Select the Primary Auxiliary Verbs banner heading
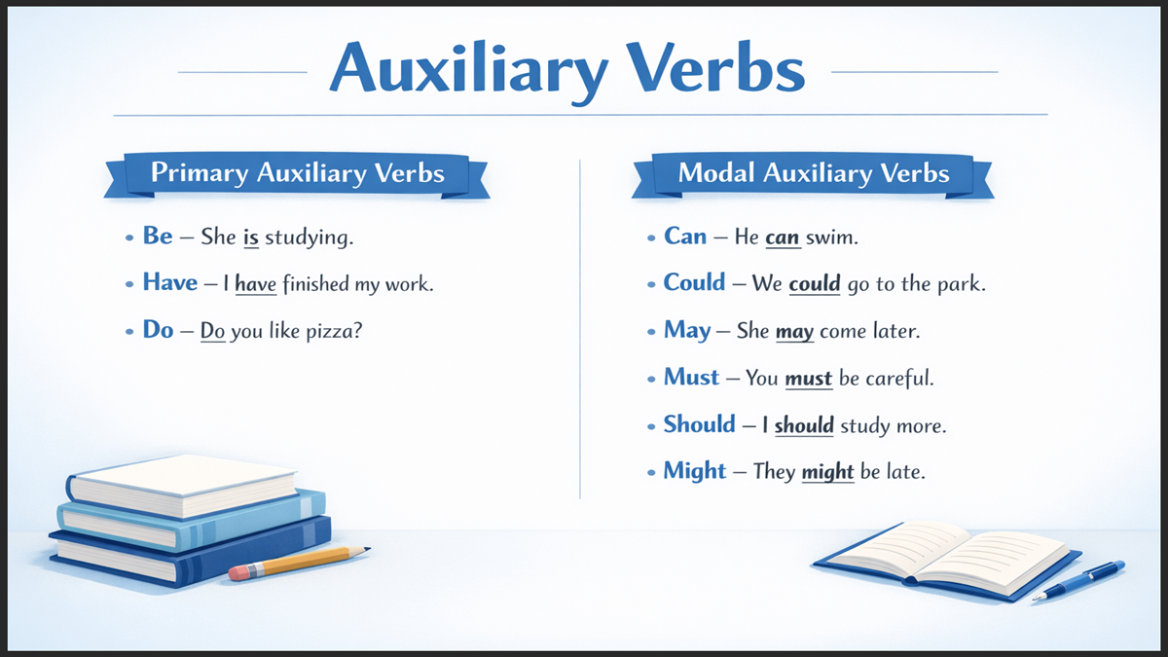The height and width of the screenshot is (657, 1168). click(x=297, y=174)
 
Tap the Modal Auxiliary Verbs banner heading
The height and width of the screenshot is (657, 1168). click(x=814, y=174)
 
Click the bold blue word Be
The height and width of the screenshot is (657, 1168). click(x=158, y=236)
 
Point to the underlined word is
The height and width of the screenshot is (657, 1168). click(x=250, y=237)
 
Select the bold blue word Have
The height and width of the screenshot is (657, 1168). click(x=170, y=282)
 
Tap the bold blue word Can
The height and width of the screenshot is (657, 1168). click(x=685, y=236)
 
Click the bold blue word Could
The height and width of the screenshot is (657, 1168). click(x=694, y=282)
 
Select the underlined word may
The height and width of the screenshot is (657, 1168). click(x=794, y=331)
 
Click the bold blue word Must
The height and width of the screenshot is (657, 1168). click(x=691, y=377)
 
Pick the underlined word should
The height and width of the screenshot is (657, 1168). click(x=804, y=425)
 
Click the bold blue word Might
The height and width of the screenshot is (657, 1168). click(x=694, y=471)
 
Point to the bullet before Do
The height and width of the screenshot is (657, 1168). click(x=129, y=331)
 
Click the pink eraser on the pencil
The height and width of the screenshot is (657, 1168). click(x=239, y=573)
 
